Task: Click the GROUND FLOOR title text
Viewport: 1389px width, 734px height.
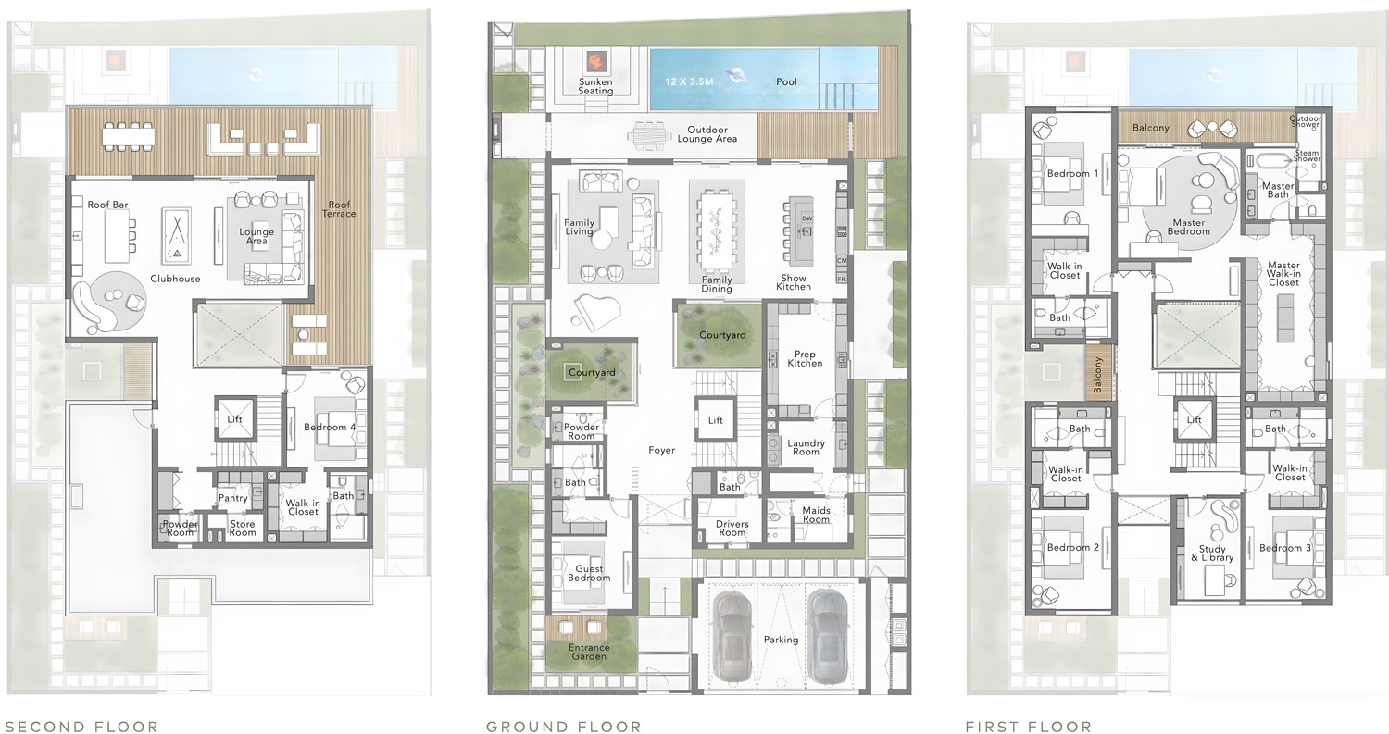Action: pyautogui.click(x=563, y=727)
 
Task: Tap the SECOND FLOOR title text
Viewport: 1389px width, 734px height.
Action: pyautogui.click(x=81, y=727)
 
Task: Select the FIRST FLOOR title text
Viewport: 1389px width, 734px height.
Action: pyautogui.click(x=1028, y=727)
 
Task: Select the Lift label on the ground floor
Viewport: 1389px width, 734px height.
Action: pyautogui.click(x=715, y=420)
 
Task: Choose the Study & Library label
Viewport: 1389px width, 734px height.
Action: pyautogui.click(x=1211, y=554)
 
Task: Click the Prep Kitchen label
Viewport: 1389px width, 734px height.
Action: pyautogui.click(x=805, y=358)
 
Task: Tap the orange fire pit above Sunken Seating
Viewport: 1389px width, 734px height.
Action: pyautogui.click(x=594, y=61)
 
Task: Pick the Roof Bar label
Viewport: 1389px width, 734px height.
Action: pyautogui.click(x=107, y=205)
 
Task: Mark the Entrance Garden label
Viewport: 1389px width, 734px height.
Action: pyautogui.click(x=589, y=652)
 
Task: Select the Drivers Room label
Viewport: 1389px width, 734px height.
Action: pyautogui.click(x=732, y=529)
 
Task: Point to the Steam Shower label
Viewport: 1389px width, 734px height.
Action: pyautogui.click(x=1307, y=158)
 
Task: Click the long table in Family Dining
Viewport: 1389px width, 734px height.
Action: pyautogui.click(x=716, y=227)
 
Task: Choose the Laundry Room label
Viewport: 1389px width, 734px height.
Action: pyautogui.click(x=806, y=447)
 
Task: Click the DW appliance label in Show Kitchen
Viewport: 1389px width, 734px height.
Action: pyautogui.click(x=807, y=218)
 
